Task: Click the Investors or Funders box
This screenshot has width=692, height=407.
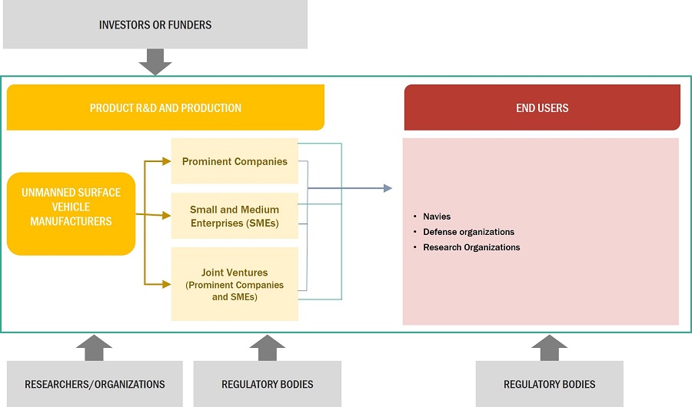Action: [x=155, y=25]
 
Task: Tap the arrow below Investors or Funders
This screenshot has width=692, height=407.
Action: [x=155, y=62]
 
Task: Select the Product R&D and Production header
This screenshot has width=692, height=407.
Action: [x=165, y=108]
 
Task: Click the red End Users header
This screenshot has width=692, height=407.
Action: [x=542, y=108]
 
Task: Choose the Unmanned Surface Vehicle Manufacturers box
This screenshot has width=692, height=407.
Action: [x=71, y=207]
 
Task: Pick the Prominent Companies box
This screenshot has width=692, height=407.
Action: [x=235, y=161]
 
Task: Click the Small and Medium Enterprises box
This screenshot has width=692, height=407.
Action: [x=235, y=216]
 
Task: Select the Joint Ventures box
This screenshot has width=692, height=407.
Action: [x=235, y=283]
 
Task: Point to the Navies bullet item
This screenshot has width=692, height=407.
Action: [x=437, y=217]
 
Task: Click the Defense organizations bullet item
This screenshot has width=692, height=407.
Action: [x=468, y=232]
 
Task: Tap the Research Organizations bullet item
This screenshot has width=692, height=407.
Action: [x=471, y=247]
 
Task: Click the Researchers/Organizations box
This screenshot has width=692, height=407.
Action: [x=95, y=384]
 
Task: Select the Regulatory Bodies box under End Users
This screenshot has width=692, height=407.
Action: [x=549, y=384]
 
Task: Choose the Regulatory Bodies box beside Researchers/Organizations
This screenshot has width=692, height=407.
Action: [x=267, y=384]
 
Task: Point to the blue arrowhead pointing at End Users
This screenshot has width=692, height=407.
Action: [x=387, y=188]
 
